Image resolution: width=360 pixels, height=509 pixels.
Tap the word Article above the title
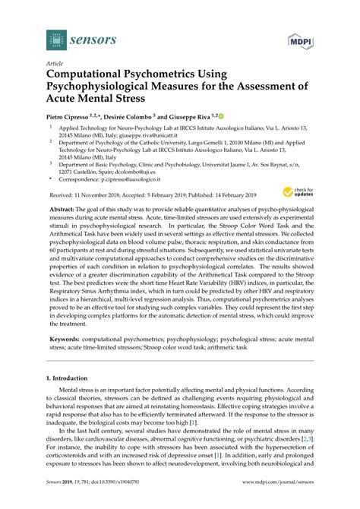coord(54,63)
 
